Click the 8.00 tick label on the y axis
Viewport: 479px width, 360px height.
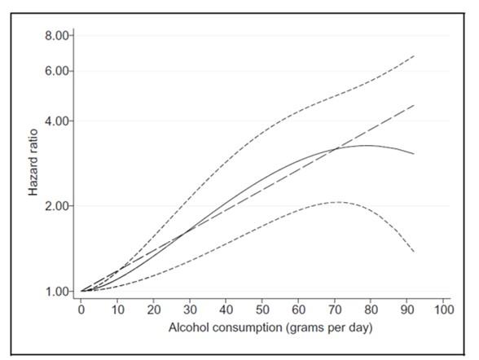click(x=59, y=36)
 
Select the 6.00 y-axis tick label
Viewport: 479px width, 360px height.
click(x=59, y=71)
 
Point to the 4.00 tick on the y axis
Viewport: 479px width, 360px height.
click(x=59, y=121)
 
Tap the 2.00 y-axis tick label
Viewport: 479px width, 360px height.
click(x=59, y=206)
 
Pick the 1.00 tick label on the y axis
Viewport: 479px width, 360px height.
click(x=59, y=291)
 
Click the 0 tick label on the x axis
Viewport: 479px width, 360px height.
click(x=81, y=310)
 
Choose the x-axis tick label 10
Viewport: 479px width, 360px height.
click(x=117, y=310)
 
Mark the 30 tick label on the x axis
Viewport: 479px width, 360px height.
click(x=190, y=310)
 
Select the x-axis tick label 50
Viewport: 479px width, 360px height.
click(x=262, y=310)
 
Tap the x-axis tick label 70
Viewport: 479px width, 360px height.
click(x=335, y=310)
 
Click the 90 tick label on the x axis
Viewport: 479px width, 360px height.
click(x=407, y=310)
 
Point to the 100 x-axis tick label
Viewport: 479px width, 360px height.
click(x=443, y=310)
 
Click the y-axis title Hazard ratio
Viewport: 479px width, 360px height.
click(x=34, y=163)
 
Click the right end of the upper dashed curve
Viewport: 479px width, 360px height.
click(x=415, y=56)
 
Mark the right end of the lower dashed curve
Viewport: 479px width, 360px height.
click(x=415, y=252)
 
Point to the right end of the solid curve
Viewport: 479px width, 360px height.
click(x=415, y=154)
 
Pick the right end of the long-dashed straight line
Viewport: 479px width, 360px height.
click(x=415, y=105)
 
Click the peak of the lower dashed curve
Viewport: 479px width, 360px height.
click(x=335, y=202)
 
